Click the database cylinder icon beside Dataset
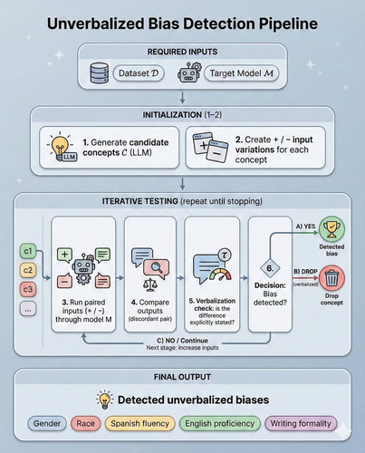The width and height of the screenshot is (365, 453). pos(100,73)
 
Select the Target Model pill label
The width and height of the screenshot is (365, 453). pos(242,73)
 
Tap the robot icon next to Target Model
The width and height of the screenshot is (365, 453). pos(189,72)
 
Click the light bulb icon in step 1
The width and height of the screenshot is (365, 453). pos(62,147)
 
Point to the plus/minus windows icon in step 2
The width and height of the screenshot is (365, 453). pos(210,148)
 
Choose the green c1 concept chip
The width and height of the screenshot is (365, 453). pos(28,251)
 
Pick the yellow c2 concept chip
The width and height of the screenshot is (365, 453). pos(28,270)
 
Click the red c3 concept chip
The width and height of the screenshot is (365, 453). pos(28,289)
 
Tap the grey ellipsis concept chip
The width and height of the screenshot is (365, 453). pos(28,309)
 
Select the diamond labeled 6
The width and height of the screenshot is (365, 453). pos(270,268)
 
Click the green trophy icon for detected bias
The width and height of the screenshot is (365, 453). pos(331,229)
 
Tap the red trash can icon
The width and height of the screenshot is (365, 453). pos(331,278)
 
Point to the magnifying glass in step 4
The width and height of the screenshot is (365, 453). pos(157,267)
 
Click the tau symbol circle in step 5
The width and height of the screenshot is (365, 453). pos(224,255)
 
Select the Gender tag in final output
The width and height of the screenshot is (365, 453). pos(47,423)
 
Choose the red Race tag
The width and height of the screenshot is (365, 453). pos(85,423)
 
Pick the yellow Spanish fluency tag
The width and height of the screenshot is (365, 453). pos(139,423)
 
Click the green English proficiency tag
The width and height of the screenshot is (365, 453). pos(220,423)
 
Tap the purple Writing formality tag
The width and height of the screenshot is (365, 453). pos(301,423)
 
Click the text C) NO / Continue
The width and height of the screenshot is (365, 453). pos(182,341)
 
